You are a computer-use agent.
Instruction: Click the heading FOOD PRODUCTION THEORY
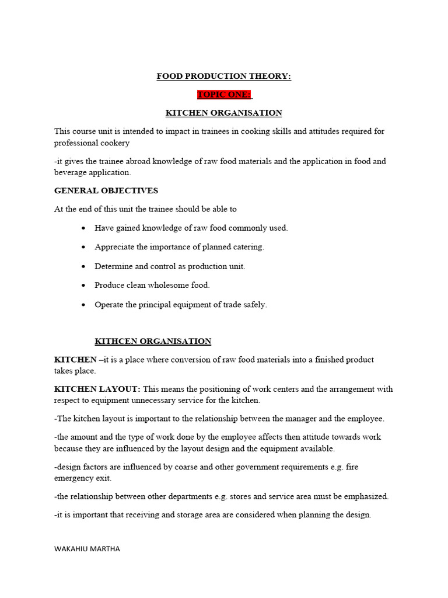pos(223,77)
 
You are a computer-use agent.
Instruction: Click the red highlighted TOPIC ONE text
pos(223,95)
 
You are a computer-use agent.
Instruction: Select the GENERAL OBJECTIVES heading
pos(106,190)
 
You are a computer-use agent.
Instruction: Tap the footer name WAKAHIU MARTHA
pos(87,548)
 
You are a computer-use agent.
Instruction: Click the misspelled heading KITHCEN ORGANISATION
pos(153,341)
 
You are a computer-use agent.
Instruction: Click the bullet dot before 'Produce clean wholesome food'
pos(85,286)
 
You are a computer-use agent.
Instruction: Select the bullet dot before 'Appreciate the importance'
pos(85,247)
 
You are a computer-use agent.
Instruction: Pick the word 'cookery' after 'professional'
pos(115,143)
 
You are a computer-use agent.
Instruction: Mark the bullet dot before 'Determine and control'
pos(85,266)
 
